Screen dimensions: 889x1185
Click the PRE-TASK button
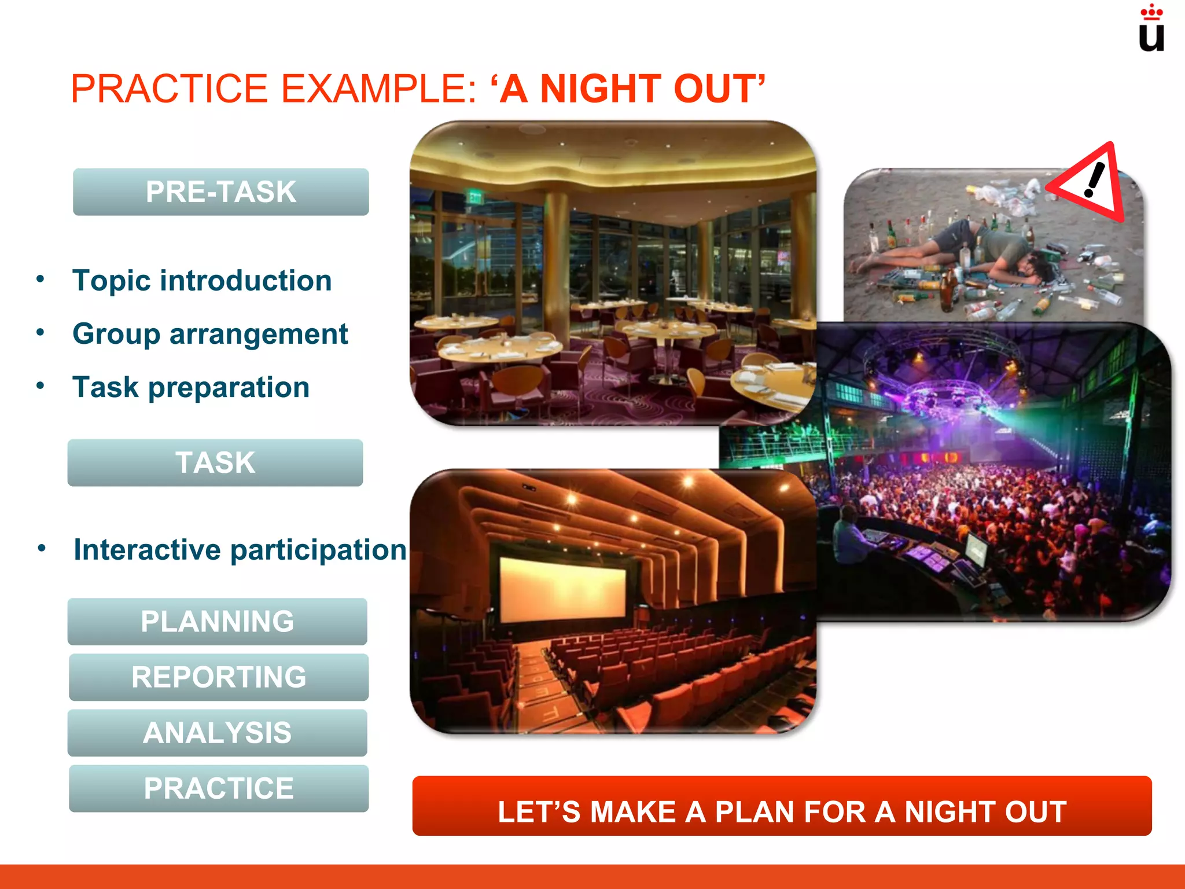(220, 192)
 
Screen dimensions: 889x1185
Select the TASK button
(215, 463)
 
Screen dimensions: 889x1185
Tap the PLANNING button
(217, 622)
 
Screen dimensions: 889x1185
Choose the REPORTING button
(218, 677)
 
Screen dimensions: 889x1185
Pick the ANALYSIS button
(217, 733)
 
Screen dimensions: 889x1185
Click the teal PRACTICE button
(218, 788)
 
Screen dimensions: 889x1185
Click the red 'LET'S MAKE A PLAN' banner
(782, 806)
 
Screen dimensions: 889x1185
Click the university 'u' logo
(1151, 30)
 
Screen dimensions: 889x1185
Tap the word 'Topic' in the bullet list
(111, 281)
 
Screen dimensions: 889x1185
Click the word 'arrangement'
(259, 334)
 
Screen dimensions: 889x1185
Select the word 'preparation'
(229, 387)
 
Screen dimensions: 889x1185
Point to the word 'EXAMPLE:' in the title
(379, 89)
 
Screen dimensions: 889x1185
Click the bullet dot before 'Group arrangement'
(40, 333)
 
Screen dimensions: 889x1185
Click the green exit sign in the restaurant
(475, 198)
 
